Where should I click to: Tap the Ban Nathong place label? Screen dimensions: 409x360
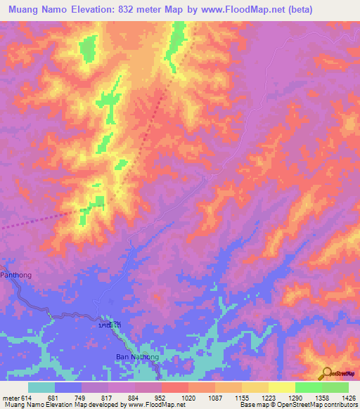click(x=137, y=357)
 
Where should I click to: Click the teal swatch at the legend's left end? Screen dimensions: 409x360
click(x=41, y=387)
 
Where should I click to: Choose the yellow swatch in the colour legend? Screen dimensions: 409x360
click(x=281, y=387)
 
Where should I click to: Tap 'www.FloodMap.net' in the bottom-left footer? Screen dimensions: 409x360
click(x=155, y=405)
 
